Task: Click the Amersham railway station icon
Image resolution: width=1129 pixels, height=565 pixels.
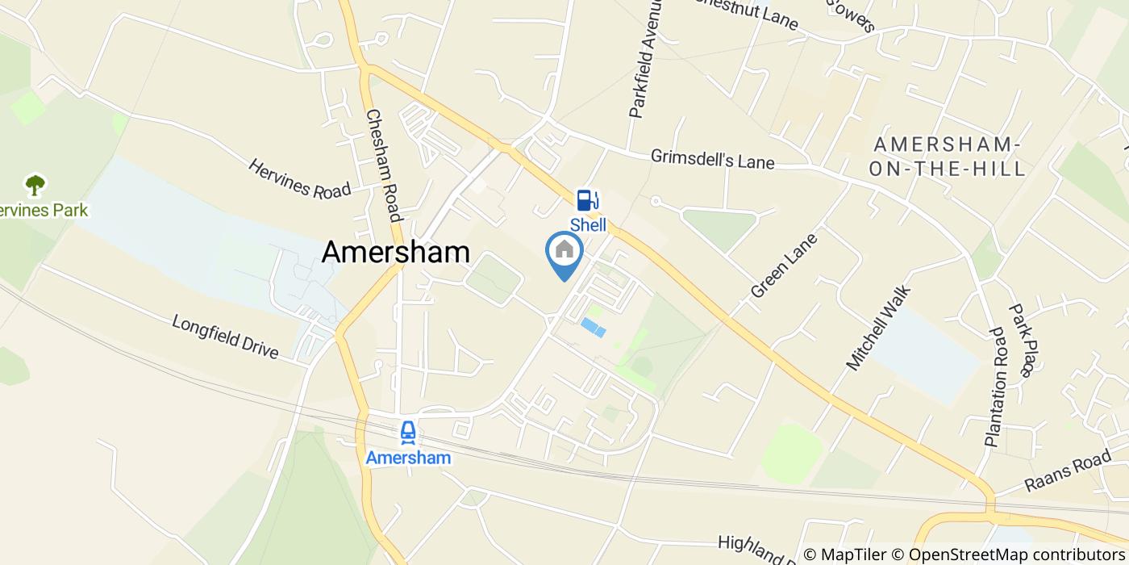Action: (x=408, y=433)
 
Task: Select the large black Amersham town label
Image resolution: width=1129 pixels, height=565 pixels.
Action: (x=396, y=252)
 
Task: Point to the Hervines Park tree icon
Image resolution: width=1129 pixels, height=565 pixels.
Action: (x=35, y=186)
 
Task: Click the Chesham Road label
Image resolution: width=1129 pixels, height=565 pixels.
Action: (x=383, y=165)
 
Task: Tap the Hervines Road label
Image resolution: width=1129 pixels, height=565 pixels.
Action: (x=299, y=178)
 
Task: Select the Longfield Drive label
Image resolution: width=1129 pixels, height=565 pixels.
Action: (x=225, y=337)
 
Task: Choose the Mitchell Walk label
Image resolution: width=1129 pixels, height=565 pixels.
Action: (x=877, y=329)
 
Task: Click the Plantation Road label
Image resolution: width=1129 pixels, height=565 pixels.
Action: (x=995, y=387)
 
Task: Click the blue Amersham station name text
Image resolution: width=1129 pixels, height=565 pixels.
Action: (x=408, y=458)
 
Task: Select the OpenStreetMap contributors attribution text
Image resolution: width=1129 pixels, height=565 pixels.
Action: (x=1016, y=555)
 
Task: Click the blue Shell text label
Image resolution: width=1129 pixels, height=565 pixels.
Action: (x=588, y=225)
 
